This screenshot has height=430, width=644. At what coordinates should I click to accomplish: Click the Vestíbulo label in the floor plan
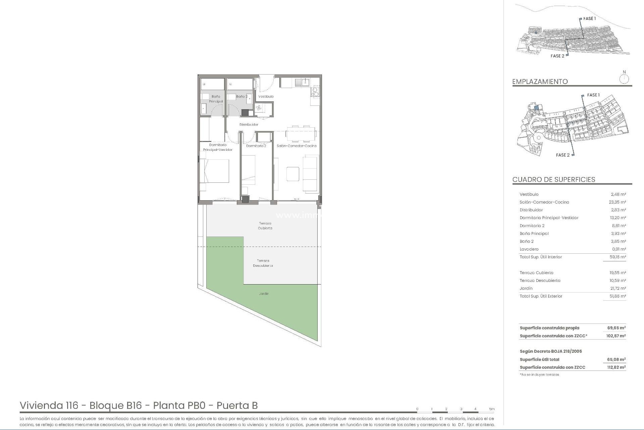click(x=266, y=96)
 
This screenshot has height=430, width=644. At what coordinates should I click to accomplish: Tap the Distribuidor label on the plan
click(x=249, y=125)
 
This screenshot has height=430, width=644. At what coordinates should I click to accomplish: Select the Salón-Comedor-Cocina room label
click(x=296, y=146)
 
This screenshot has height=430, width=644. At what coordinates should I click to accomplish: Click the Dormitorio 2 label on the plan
click(x=256, y=146)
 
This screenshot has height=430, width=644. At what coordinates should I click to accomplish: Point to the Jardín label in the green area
click(x=264, y=294)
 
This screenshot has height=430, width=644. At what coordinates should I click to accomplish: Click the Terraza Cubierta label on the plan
click(x=265, y=226)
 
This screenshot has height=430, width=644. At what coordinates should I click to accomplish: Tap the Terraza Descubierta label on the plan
click(x=263, y=263)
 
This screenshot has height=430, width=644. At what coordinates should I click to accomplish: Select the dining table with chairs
click(x=301, y=133)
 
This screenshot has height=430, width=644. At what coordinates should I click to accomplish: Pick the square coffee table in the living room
click(x=292, y=174)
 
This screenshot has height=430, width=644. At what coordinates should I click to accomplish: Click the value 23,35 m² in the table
click(x=618, y=202)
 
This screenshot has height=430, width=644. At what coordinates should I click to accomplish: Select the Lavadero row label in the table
click(x=529, y=249)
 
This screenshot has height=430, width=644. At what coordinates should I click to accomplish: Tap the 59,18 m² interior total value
click(x=618, y=257)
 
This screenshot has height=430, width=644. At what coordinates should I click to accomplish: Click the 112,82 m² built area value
click(x=616, y=368)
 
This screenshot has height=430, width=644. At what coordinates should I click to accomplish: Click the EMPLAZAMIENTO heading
click(x=540, y=82)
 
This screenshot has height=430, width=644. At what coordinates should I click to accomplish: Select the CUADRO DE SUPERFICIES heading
click(x=553, y=179)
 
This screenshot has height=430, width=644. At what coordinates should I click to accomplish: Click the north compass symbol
click(x=624, y=79)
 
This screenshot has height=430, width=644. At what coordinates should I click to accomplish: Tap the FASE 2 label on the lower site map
click(x=562, y=155)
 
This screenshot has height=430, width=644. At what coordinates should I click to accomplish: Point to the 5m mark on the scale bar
click(x=491, y=409)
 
